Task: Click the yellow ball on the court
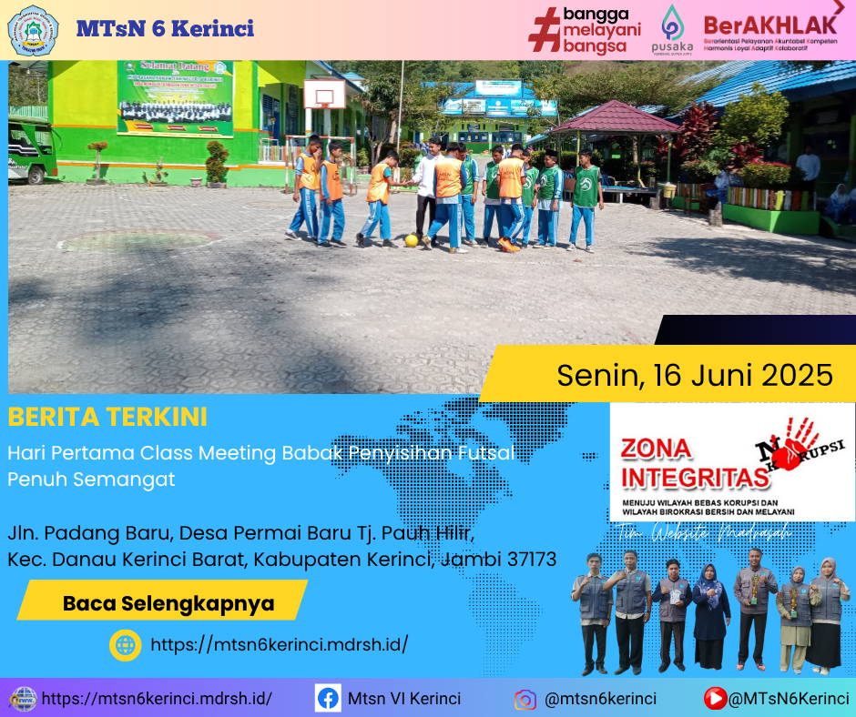point(412,240)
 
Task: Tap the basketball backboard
point(324,93)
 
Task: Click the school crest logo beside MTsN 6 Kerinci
point(33,30)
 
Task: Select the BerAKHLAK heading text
point(769,25)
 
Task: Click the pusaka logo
point(672,29)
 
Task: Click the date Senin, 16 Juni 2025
point(694,374)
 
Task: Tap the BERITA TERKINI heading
point(107,417)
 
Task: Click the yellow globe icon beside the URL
point(125,645)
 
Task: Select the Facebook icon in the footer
point(328,699)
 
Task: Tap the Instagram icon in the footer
point(525,700)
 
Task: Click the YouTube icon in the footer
point(715,699)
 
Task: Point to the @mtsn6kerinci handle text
point(600,699)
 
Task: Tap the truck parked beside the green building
point(30,150)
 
